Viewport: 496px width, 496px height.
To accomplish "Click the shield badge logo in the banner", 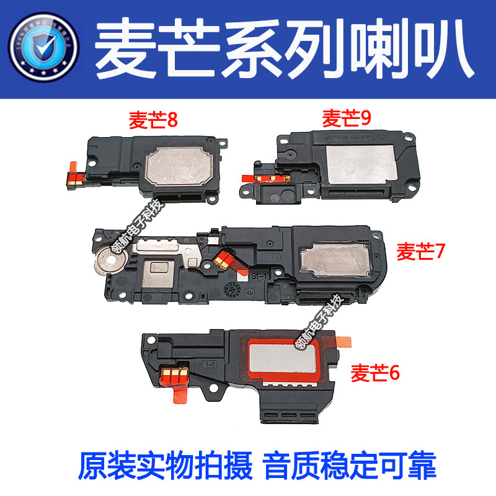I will click(x=42, y=46).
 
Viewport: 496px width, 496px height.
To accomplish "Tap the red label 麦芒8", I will click(x=153, y=118).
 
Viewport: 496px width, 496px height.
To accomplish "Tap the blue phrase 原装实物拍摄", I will click(x=166, y=463).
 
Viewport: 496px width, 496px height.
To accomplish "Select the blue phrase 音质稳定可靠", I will click(x=350, y=463).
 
